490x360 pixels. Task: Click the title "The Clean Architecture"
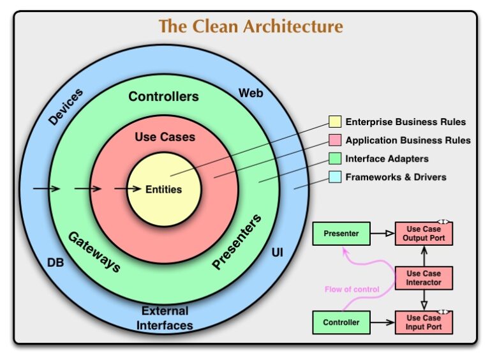tap(250, 27)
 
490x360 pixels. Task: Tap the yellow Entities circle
tap(164, 189)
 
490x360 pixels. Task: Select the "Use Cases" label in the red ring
tap(165, 137)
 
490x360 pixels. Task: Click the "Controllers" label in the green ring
tap(163, 97)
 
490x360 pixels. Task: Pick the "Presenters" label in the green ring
tap(237, 242)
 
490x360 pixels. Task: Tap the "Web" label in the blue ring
tap(251, 93)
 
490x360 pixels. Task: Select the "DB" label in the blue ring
tap(56, 262)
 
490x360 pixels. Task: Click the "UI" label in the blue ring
tap(278, 253)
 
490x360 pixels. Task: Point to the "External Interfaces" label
tap(165, 318)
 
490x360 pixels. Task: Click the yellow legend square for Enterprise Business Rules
tap(335, 122)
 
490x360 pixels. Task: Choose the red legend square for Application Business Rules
tap(335, 140)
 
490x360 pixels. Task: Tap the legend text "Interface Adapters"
tap(387, 158)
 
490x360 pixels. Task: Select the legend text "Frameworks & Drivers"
tap(396, 177)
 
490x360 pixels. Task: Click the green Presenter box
tap(341, 234)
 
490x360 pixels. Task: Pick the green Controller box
tap(341, 322)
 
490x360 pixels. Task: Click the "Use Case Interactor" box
tap(424, 278)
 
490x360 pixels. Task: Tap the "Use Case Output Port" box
tap(424, 234)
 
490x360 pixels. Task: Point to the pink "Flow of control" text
tap(352, 289)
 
